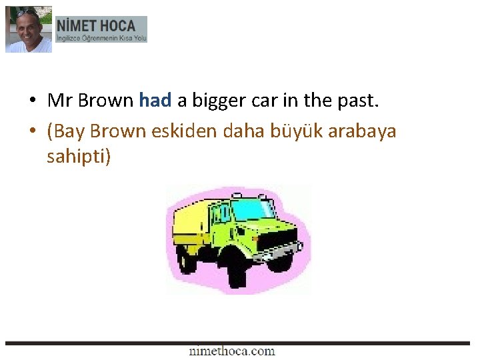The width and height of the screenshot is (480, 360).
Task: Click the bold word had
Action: click(155, 101)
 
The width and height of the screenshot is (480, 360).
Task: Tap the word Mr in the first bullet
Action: click(59, 101)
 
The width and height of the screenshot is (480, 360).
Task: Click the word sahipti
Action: click(76, 157)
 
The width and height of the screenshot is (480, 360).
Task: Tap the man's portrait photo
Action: click(28, 29)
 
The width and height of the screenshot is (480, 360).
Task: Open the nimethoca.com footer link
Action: click(231, 351)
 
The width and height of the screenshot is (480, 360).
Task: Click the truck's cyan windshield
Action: click(251, 210)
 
